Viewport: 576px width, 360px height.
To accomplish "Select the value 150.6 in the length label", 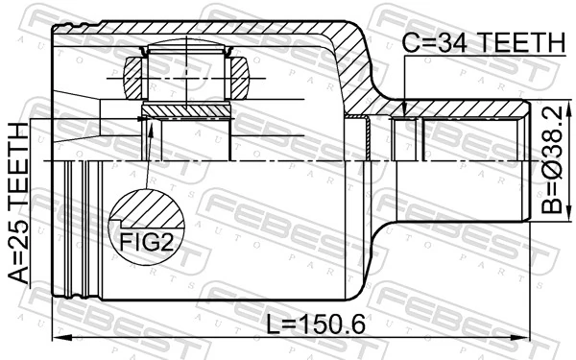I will pyautogui.click(x=335, y=324).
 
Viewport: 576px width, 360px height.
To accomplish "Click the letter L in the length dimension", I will pyautogui.click(x=270, y=324).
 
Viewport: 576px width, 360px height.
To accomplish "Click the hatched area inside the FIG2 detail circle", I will pyautogui.click(x=144, y=209).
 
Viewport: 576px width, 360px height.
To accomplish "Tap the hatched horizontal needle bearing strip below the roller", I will pyautogui.click(x=187, y=113).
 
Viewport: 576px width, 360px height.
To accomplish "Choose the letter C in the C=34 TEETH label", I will pyautogui.click(x=410, y=43).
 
